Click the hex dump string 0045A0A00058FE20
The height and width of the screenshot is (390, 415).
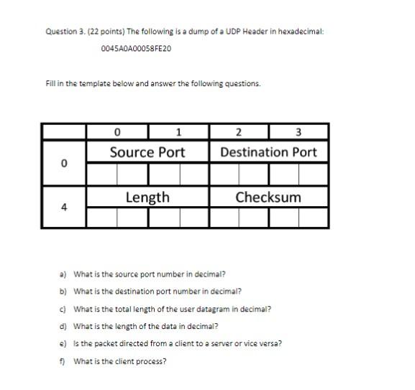click(137, 49)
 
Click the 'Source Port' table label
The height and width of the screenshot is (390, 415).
click(147, 152)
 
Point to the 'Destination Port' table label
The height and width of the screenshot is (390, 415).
click(268, 152)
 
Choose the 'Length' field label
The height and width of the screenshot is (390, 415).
click(147, 197)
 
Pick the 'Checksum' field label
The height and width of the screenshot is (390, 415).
click(268, 197)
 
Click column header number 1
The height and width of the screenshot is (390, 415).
click(178, 131)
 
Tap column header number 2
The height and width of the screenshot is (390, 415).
click(239, 131)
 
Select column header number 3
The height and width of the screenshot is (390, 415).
click(298, 131)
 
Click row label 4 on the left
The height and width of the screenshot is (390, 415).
click(64, 208)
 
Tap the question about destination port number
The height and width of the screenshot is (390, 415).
click(158, 291)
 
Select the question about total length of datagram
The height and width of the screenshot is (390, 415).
click(173, 309)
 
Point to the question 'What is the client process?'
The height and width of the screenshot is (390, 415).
click(120, 361)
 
